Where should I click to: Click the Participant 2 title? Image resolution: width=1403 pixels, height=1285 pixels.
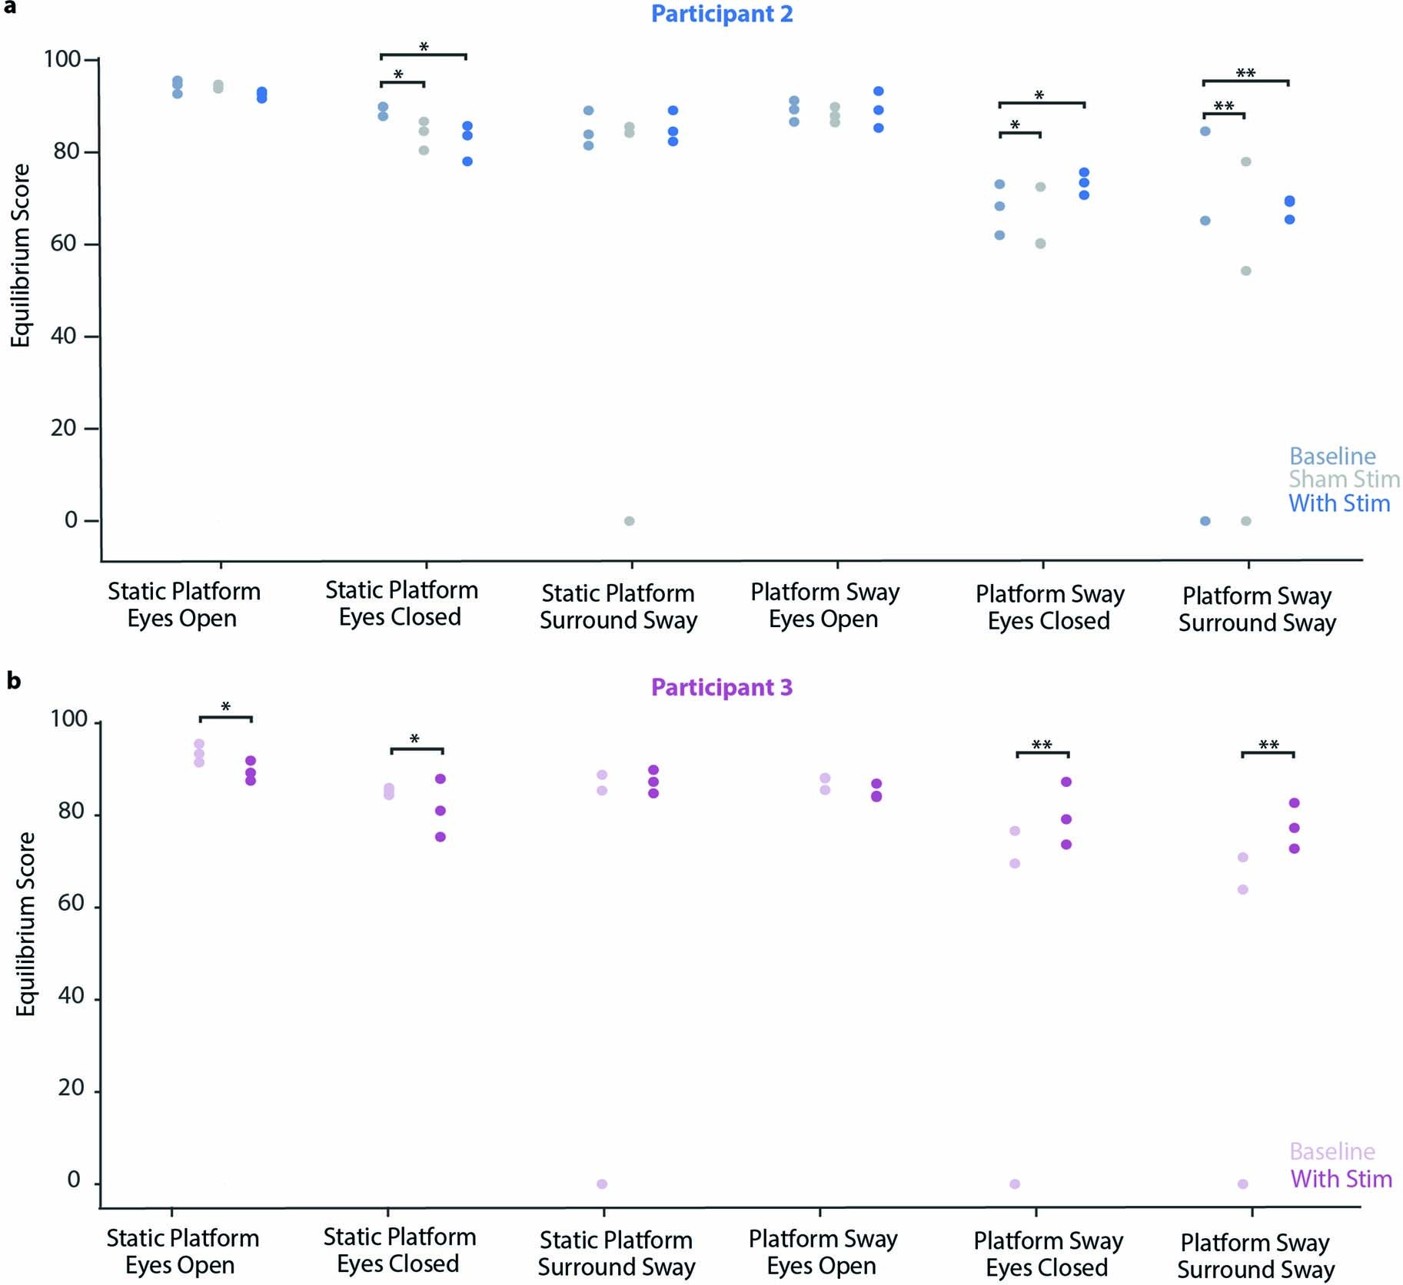[721, 14]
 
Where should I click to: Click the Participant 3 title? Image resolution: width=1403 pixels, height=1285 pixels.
[721, 687]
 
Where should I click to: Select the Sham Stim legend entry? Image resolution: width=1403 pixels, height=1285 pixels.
[1344, 480]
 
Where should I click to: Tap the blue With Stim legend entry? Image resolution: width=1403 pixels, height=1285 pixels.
[1339, 503]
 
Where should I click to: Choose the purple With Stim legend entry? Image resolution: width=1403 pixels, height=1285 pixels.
[1341, 1179]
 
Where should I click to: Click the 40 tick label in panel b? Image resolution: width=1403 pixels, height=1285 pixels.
[71, 996]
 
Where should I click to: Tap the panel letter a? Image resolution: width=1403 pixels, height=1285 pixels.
[9, 7]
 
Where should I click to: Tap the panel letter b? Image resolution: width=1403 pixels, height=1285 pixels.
[13, 680]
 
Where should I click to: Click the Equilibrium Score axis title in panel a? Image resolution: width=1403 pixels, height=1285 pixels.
[21, 256]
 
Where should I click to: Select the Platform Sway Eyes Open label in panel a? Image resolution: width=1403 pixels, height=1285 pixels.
[824, 606]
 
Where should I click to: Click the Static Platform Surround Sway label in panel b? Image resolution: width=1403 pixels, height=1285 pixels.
[617, 1253]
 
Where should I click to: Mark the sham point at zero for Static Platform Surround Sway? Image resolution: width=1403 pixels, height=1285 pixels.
[629, 521]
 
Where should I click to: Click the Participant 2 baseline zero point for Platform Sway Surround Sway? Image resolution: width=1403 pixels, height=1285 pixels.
[1205, 521]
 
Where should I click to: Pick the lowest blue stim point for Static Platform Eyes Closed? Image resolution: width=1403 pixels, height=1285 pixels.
[467, 161]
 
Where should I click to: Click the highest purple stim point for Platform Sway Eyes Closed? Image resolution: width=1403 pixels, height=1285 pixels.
[1066, 782]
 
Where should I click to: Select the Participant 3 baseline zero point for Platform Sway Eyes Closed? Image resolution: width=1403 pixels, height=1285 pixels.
[1015, 1184]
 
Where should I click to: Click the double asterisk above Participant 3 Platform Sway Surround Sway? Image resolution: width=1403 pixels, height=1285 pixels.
[1268, 745]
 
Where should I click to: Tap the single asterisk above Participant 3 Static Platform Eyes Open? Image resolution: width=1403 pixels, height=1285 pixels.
[225, 707]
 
